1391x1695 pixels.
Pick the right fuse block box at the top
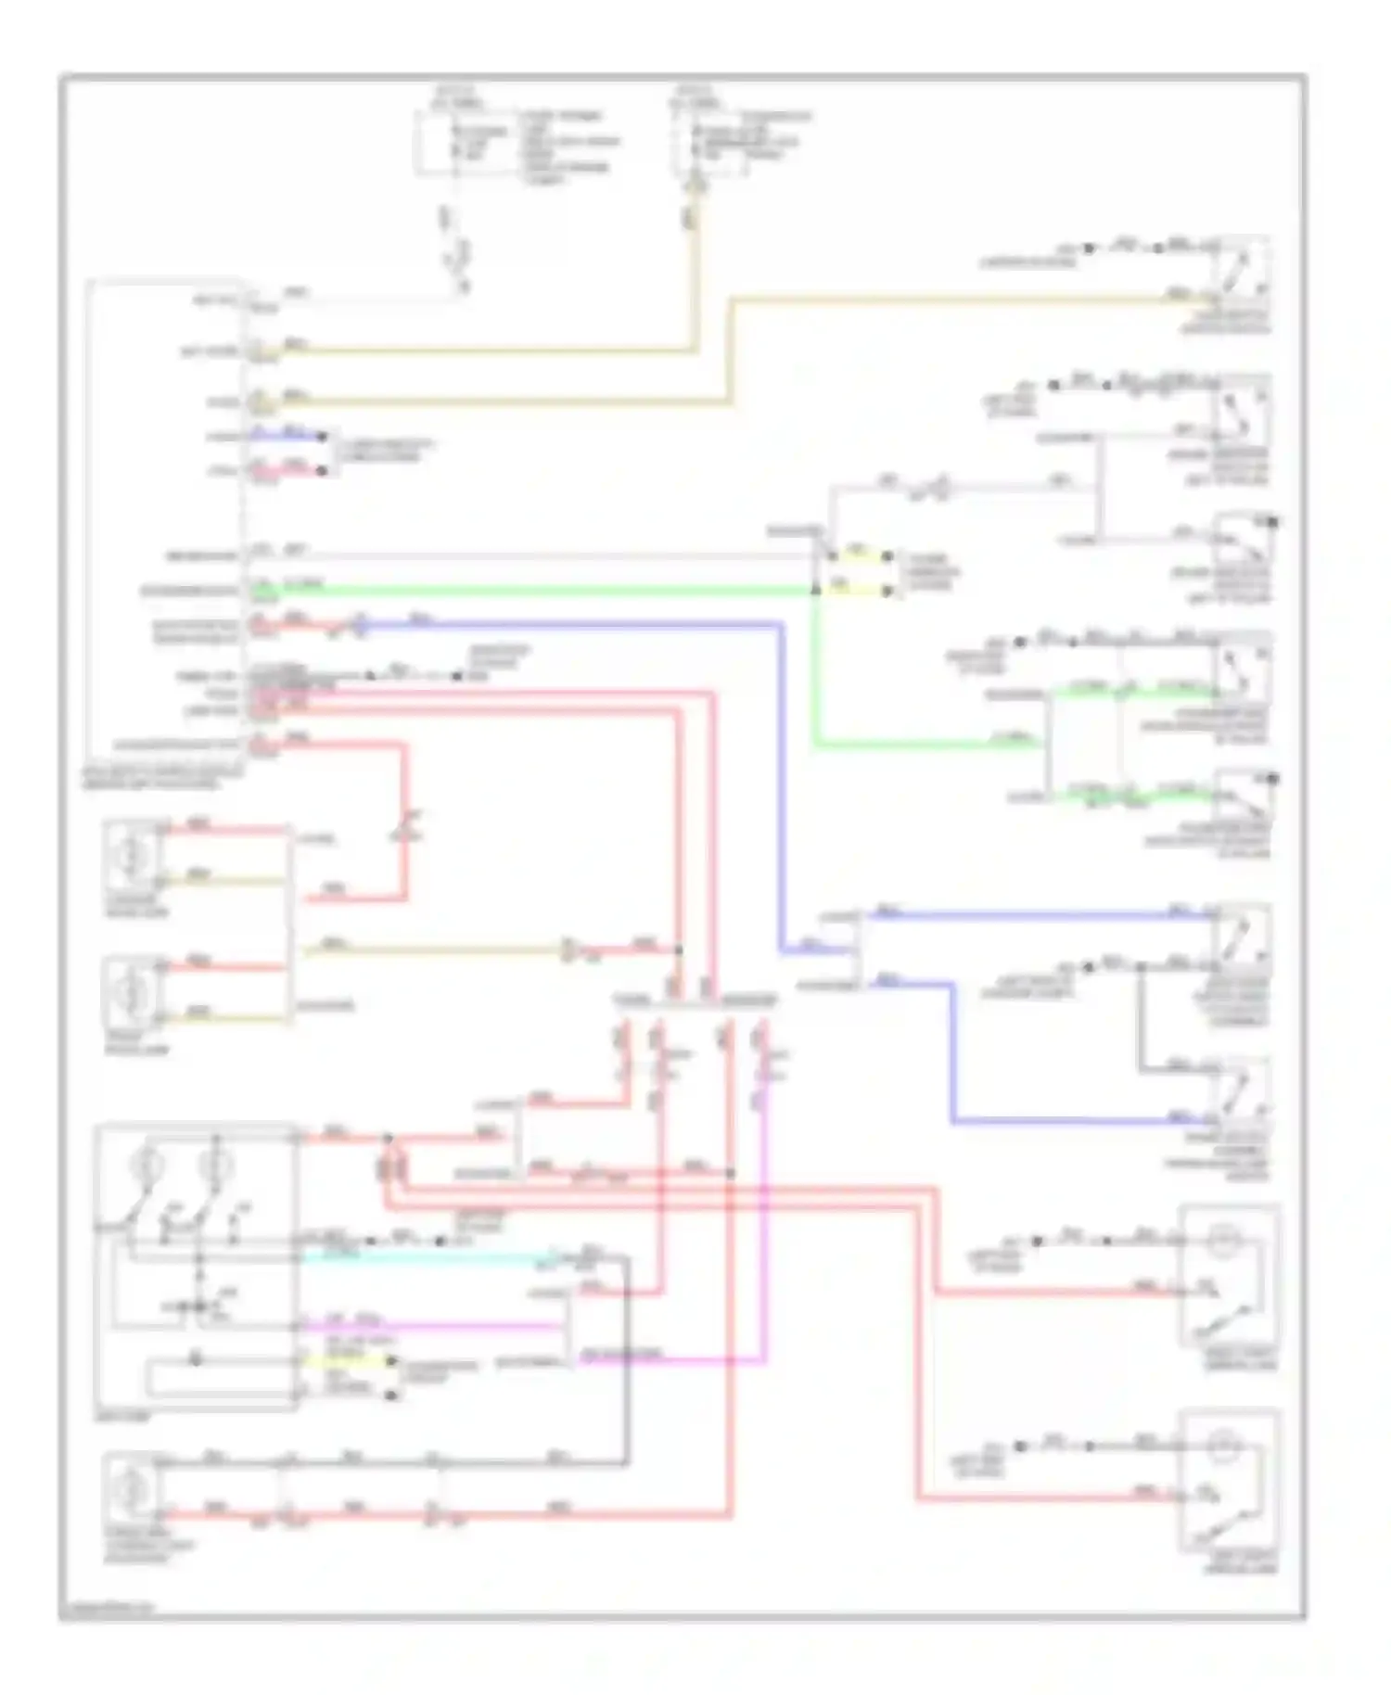(709, 144)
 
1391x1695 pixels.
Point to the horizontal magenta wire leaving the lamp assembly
(427, 1327)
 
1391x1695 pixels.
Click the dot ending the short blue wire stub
(323, 436)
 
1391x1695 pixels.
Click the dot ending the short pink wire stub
(323, 471)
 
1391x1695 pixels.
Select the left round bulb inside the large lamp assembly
(147, 1164)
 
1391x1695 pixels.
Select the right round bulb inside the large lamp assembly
(215, 1164)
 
